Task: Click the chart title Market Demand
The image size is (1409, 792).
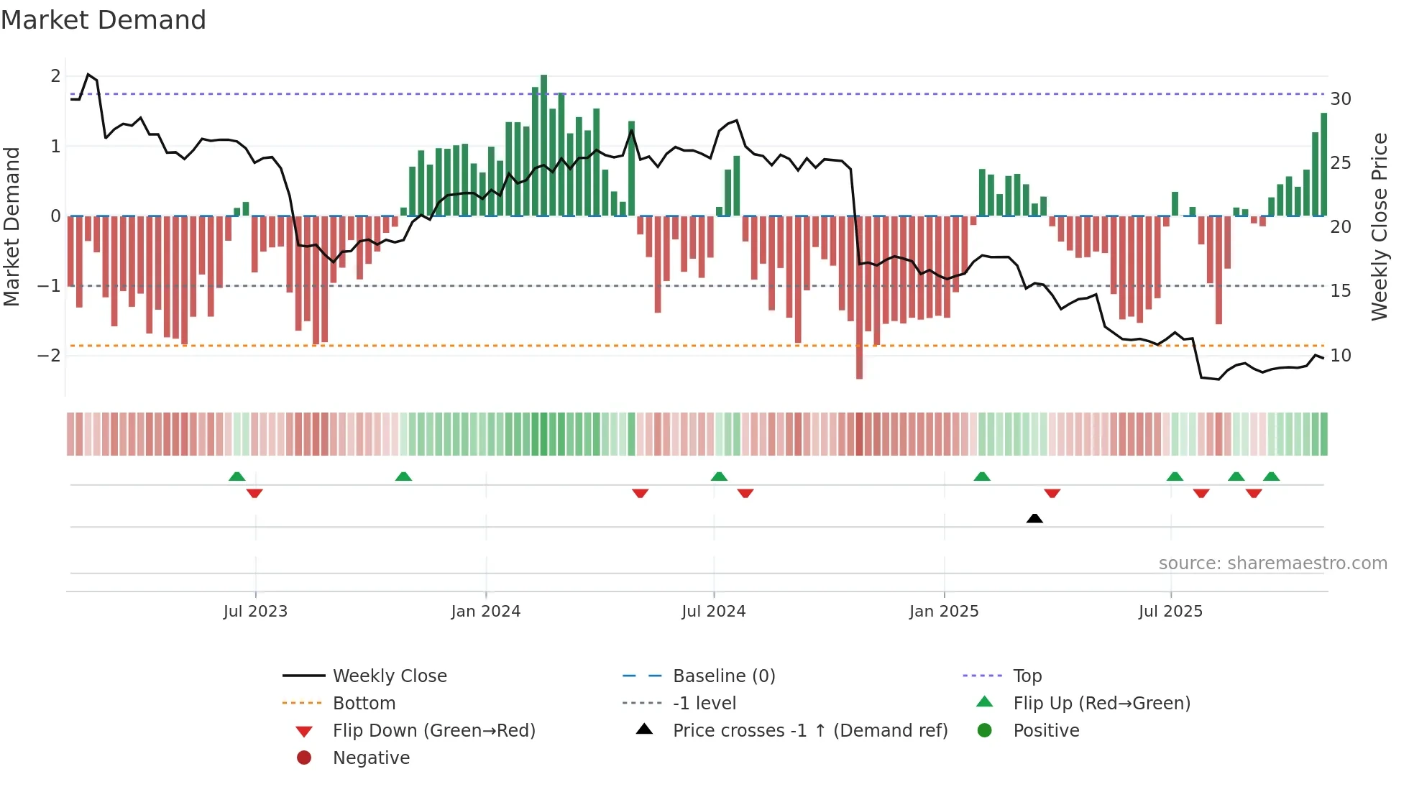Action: [104, 20]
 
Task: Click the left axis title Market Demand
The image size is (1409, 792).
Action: [12, 227]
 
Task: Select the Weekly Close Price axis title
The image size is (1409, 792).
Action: [1379, 227]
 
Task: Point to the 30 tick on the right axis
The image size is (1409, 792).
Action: [1340, 99]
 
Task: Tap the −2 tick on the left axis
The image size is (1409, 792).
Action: [49, 356]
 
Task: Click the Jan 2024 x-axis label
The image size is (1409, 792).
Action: [485, 612]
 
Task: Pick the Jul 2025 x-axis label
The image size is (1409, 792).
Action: [1170, 612]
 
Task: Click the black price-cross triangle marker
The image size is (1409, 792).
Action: [1034, 518]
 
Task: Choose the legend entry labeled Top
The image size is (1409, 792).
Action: [1027, 676]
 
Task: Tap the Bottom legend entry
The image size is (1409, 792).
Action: [364, 704]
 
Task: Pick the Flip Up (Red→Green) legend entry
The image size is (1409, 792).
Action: [1101, 704]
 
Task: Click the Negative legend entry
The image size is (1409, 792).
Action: [371, 758]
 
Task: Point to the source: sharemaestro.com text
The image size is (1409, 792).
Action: [1272, 563]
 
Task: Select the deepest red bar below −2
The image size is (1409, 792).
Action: [859, 298]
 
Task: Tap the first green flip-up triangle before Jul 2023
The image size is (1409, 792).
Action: [237, 476]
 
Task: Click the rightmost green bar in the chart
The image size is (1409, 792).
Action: [1323, 165]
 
